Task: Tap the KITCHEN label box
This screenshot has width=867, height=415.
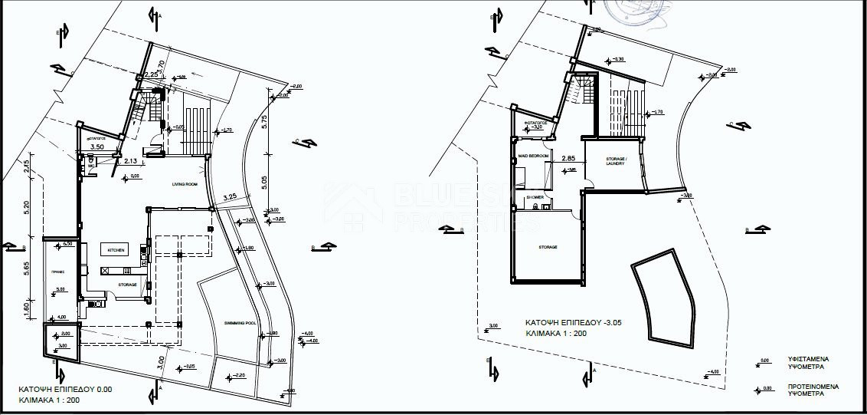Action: [116, 250]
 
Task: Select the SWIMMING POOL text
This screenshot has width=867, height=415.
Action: [240, 323]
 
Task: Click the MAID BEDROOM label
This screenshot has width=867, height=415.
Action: [533, 156]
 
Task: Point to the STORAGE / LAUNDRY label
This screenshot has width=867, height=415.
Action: [616, 162]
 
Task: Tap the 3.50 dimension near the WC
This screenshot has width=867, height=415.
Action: [97, 146]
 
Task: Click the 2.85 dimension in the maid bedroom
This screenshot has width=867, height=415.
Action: [568, 159]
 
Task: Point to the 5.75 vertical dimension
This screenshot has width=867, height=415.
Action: [263, 120]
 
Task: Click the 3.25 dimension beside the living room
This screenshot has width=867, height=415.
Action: [229, 197]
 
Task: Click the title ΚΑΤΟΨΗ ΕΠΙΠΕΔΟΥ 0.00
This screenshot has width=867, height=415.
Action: [64, 389]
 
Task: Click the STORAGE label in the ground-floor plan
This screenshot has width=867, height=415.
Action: [127, 285]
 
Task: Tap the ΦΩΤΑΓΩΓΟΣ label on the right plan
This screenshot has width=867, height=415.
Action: [533, 122]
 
